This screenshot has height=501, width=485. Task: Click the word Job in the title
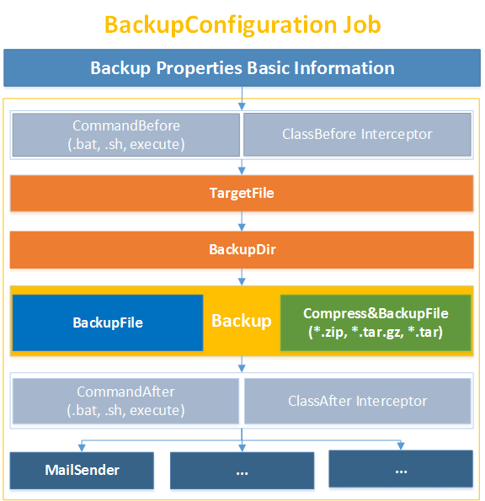click(x=362, y=24)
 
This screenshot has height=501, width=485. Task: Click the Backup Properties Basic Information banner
click(x=242, y=67)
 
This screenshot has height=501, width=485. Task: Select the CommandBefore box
click(x=126, y=135)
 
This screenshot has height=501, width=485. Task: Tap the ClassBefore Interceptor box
click(x=357, y=135)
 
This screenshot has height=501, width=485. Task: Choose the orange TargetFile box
click(x=242, y=194)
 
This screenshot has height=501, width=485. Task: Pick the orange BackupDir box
click(x=242, y=250)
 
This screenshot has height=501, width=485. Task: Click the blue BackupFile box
click(x=108, y=322)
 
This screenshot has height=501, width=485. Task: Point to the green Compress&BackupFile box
click(x=376, y=322)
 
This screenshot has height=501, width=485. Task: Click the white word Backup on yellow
click(x=242, y=321)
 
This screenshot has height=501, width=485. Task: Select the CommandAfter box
click(x=126, y=401)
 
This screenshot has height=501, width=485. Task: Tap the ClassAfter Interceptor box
click(x=358, y=401)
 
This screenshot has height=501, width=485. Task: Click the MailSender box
click(x=82, y=471)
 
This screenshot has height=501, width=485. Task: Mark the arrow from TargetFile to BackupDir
click(x=242, y=221)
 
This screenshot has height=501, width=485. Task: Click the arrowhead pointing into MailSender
click(x=82, y=448)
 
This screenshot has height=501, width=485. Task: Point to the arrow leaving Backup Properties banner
click(x=242, y=99)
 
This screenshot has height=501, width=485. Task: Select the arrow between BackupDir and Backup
click(x=242, y=277)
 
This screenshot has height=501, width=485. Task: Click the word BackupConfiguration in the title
click(x=221, y=25)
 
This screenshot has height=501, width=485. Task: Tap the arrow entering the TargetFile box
click(x=242, y=167)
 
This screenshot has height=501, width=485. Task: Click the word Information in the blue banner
click(x=344, y=68)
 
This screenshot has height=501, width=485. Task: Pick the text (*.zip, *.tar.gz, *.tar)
click(x=376, y=333)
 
